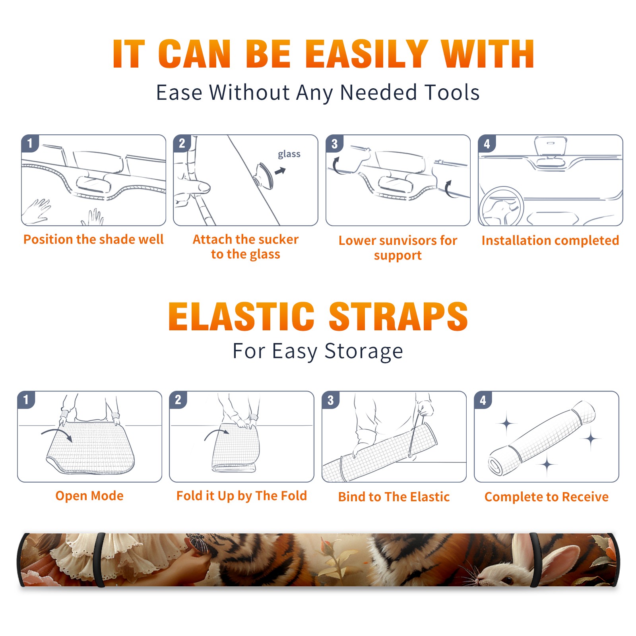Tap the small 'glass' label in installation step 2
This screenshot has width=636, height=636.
click(x=289, y=154)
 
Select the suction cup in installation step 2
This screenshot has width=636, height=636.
click(x=264, y=175)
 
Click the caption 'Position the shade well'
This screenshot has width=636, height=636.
click(x=93, y=239)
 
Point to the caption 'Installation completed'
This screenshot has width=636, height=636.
click(x=550, y=240)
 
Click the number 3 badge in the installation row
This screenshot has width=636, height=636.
click(x=334, y=144)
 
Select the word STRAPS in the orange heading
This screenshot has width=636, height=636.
click(x=398, y=316)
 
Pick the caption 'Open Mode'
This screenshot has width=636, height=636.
click(x=89, y=496)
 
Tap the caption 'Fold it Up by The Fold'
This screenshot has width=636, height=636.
click(x=242, y=496)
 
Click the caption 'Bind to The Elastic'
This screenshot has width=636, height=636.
click(x=394, y=497)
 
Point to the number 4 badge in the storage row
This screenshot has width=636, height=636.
click(x=483, y=400)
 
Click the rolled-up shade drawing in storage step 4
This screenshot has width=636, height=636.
click(x=542, y=438)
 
